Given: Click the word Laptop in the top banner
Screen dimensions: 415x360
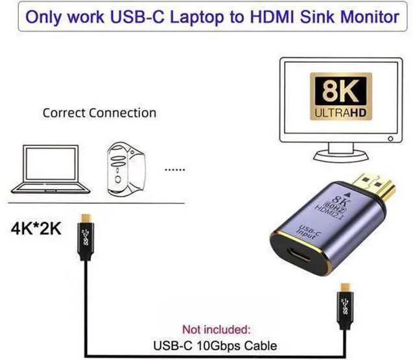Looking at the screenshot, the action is pos(197,18).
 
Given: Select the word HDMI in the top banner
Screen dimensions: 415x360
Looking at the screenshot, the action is pos(272,17).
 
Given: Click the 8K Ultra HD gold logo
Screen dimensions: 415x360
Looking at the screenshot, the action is pos(341,97).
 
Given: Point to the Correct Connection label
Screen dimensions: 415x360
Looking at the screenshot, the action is pos(99,113).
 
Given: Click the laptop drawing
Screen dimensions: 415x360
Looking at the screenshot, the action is pos(51,169).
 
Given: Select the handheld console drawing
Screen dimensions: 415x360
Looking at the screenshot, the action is pos(126,169).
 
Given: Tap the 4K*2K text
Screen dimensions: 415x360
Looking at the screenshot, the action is pos(36,228).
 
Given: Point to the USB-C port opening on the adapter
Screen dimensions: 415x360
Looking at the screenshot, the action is pos(300,255).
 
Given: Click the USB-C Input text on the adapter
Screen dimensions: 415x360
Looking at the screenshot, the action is pos(309,232).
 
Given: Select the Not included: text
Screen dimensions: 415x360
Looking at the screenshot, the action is pos(216,330).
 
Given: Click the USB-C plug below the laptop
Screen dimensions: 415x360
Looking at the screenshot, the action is pos(86,237).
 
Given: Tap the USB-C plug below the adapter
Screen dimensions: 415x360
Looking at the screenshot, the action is pos(345,306).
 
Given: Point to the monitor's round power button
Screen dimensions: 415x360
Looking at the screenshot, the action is pos(390,139).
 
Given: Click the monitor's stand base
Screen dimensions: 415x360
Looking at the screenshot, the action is pos(341,156).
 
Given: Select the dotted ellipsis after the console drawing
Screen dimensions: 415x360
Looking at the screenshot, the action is pos(174,170).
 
